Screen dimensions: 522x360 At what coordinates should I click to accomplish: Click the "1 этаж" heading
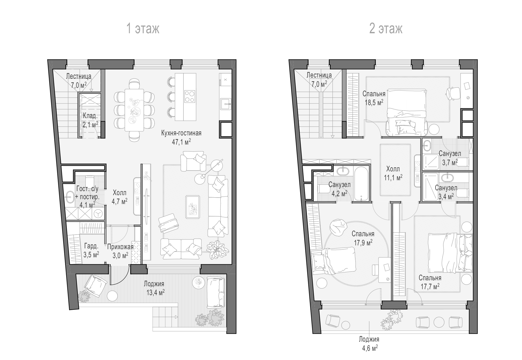click(143, 29)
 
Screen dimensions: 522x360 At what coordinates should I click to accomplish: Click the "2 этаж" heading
click(386, 29)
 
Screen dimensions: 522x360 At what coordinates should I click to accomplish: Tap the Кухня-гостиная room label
click(181, 133)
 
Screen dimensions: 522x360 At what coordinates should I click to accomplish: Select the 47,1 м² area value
click(181, 142)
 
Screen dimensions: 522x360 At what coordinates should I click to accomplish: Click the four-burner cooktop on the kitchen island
click(189, 96)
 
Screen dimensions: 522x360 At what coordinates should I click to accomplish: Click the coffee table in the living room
click(193, 207)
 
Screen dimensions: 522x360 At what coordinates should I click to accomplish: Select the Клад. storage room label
click(90, 116)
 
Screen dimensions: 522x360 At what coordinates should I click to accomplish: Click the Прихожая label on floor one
click(120, 247)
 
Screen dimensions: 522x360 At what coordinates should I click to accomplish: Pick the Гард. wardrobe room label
click(91, 246)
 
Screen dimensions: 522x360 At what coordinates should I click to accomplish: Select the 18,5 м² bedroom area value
click(373, 103)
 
